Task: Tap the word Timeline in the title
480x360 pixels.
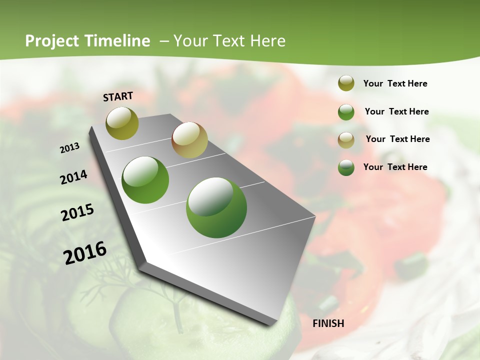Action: coord(118,41)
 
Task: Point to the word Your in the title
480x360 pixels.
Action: coord(191,41)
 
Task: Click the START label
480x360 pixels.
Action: coord(118,96)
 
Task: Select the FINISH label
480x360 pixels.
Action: coord(328,323)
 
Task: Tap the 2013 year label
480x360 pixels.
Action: coord(70,148)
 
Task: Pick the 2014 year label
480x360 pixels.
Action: coord(74,177)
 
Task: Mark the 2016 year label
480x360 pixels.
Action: coord(85,253)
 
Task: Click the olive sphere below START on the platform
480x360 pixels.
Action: coord(122,123)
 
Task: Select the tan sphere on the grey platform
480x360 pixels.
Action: coord(189,140)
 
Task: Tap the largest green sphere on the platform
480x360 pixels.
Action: coord(216,207)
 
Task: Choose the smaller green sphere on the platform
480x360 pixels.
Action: coord(145,180)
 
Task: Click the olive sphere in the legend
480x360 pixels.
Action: coord(346,83)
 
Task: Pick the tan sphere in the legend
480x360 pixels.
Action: coord(346,140)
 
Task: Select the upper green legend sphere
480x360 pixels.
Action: coord(346,112)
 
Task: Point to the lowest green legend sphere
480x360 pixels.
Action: coord(346,167)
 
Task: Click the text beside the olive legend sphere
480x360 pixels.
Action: coord(395,84)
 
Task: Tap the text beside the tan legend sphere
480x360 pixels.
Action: coord(397,139)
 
